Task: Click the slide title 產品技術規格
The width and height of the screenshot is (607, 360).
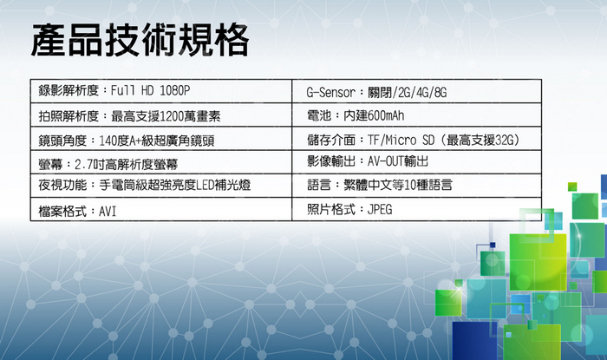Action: click(x=140, y=40)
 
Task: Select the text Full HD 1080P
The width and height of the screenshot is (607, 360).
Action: click(x=151, y=90)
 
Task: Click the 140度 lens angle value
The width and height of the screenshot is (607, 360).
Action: click(x=114, y=141)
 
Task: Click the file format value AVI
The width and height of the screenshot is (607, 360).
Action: click(x=108, y=211)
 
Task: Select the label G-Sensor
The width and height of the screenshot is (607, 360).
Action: click(x=331, y=93)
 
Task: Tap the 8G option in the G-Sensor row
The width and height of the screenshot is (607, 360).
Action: click(x=441, y=93)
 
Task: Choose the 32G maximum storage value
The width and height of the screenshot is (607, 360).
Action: click(x=505, y=140)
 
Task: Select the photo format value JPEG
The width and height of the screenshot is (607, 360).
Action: click(x=380, y=209)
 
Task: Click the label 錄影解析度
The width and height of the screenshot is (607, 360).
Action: click(x=69, y=90)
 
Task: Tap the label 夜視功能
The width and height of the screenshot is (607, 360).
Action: click(x=62, y=185)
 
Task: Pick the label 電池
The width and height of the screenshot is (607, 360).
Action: click(x=319, y=115)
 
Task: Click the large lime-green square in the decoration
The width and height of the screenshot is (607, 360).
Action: click(x=538, y=262)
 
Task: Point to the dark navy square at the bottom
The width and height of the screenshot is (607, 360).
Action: click(x=474, y=341)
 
